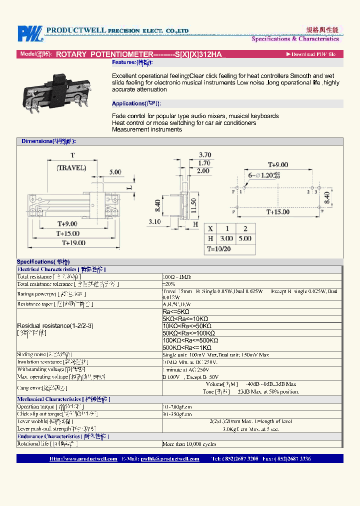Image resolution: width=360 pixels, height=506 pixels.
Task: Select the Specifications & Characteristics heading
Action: tap(295, 38)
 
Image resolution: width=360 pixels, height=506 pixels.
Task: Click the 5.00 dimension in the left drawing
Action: tap(115, 172)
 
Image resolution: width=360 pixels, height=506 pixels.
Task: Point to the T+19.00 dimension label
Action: tap(73, 242)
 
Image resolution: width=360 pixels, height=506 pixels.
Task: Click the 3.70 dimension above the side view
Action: tap(205, 154)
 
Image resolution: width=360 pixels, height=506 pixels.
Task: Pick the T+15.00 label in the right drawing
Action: tap(278, 212)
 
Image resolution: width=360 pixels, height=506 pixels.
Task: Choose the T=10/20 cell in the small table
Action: tap(218, 248)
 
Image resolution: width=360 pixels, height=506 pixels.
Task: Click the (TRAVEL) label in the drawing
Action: tap(71, 167)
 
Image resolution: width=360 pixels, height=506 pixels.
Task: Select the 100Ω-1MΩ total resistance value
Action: tap(176, 276)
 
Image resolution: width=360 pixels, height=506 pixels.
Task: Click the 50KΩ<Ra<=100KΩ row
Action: tap(188, 333)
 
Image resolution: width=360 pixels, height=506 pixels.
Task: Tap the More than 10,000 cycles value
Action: tap(189, 444)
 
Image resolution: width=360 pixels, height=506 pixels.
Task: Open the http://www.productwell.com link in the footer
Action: tap(83, 458)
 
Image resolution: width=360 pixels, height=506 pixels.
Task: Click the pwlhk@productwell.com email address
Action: tap(170, 458)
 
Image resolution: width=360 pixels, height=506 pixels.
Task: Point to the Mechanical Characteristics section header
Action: tap(63, 399)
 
